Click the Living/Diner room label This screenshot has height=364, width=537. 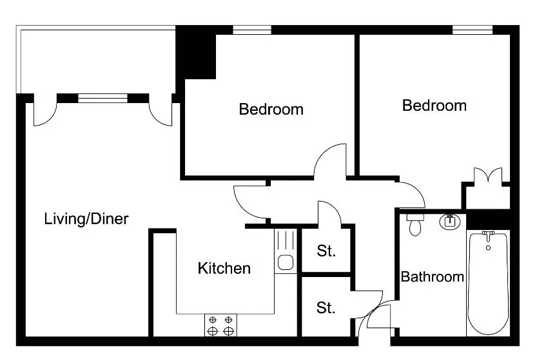tap(86, 219)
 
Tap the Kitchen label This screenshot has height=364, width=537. tap(224, 268)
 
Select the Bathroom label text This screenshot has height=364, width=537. tap(432, 276)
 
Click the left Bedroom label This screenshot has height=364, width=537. tap(271, 110)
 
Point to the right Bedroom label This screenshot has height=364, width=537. tap(434, 106)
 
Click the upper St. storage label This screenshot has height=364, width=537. tap(326, 251)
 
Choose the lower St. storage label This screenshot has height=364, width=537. tap(326, 308)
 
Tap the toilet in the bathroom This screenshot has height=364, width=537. tap(415, 225)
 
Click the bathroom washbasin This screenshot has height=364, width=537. tap(450, 222)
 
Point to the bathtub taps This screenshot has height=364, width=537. tap(489, 235)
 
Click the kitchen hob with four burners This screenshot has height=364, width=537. tap(220, 325)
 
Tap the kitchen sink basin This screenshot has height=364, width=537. tap(286, 262)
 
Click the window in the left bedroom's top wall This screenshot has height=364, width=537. tap(252, 30)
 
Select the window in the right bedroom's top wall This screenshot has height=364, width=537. tap(473, 30)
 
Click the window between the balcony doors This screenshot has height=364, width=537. tap(103, 98)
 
